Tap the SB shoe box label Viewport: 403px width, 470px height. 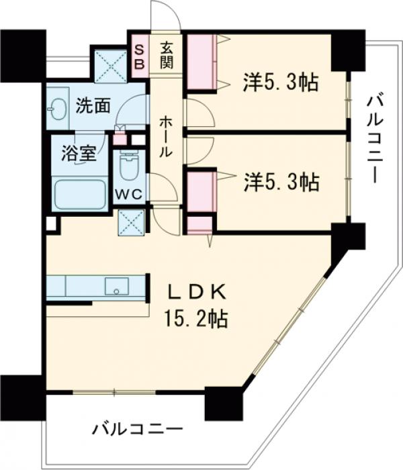point(139,55)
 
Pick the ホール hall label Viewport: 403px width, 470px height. point(165,137)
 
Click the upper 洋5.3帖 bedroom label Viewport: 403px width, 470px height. point(280,83)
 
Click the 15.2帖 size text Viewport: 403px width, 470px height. point(197,318)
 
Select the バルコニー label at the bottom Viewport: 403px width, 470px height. point(138,428)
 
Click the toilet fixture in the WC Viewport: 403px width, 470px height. point(128,164)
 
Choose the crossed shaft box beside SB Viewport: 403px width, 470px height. point(111,64)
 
